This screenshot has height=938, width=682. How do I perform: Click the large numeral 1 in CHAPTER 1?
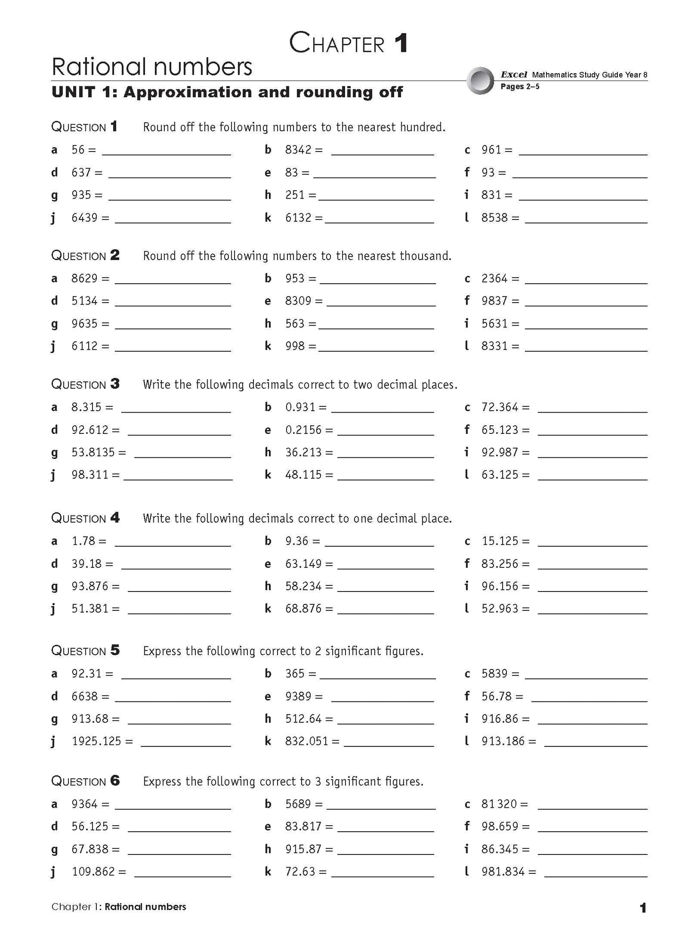[400, 43]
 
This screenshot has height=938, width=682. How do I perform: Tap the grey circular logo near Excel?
[480, 80]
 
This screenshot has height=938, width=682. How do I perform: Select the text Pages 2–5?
[520, 86]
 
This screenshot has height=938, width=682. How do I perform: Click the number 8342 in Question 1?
[298, 150]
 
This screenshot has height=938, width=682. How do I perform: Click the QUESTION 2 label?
[85, 255]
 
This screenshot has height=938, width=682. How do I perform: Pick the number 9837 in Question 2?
[494, 301]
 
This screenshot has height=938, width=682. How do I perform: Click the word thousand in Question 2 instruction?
[424, 256]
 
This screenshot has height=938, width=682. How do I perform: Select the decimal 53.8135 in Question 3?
[93, 452]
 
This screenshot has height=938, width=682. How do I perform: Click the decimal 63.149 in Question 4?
[303, 564]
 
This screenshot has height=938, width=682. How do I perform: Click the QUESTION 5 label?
[85, 651]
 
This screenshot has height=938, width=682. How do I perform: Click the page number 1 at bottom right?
[642, 907]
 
